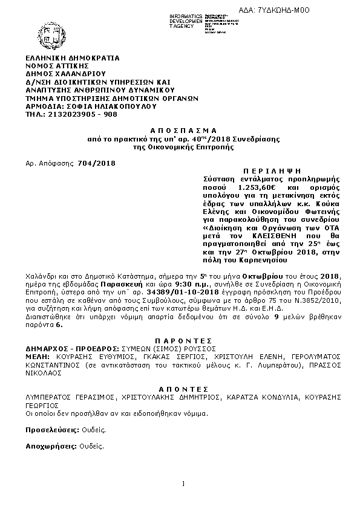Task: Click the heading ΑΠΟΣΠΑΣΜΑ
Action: [180, 131]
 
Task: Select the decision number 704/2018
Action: [97, 163]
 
